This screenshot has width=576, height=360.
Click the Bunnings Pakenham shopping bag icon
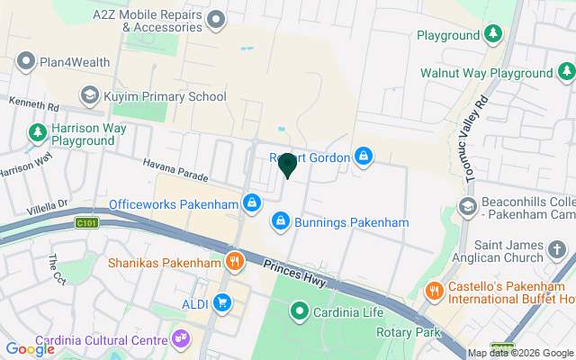coord(281,220)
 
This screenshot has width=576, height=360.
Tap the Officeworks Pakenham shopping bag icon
coord(252,203)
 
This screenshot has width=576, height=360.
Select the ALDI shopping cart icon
coord(220,302)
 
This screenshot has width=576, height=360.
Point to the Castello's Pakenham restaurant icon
coord(433,291)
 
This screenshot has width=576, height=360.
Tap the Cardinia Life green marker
coord(300,311)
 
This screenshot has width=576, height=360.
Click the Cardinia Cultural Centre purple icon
coord(181,339)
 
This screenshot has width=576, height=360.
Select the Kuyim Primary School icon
coord(89,94)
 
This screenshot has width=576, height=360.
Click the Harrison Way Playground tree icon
coord(37,133)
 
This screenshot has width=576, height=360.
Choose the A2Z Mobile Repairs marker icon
coord(216,19)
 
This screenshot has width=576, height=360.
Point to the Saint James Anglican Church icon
coord(557,247)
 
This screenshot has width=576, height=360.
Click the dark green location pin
coord(288,165)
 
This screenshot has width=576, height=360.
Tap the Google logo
coord(30,348)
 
